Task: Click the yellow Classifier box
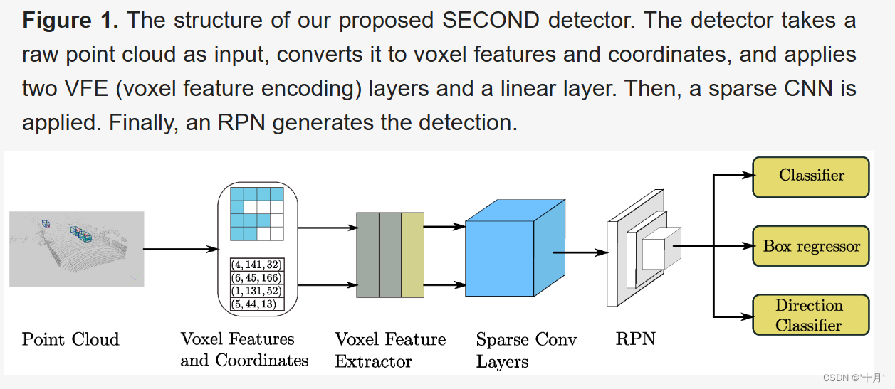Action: (x=811, y=176)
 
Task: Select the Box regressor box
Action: (x=811, y=247)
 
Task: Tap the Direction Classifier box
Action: (x=811, y=316)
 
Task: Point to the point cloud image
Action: (x=77, y=248)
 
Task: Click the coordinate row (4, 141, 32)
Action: (x=257, y=265)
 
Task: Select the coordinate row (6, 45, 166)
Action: (x=257, y=278)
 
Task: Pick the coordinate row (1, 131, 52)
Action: (x=257, y=292)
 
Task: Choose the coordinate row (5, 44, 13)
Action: (x=257, y=304)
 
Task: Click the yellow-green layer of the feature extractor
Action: (x=412, y=254)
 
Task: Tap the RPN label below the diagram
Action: (x=635, y=339)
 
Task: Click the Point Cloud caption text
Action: (x=70, y=339)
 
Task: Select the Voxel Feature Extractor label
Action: (x=390, y=350)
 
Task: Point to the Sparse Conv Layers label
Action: (x=526, y=351)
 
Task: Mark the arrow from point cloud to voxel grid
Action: (x=180, y=249)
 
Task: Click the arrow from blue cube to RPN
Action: (x=579, y=252)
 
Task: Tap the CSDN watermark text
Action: (x=851, y=378)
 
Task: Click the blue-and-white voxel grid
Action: (x=257, y=213)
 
